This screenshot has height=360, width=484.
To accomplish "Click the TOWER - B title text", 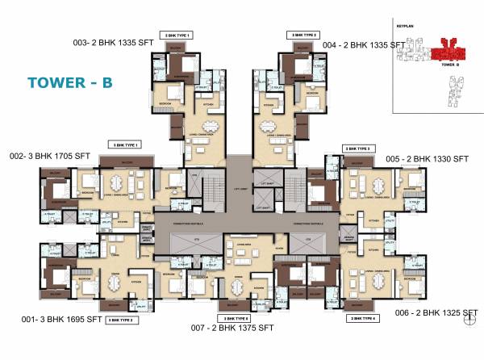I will pos(69,82).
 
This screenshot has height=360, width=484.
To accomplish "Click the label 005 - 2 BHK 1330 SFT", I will pos(427,159).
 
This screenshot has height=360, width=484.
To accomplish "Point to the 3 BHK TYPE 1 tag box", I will pos(126,144).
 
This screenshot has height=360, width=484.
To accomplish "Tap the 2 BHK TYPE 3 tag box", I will pos(357,149).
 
